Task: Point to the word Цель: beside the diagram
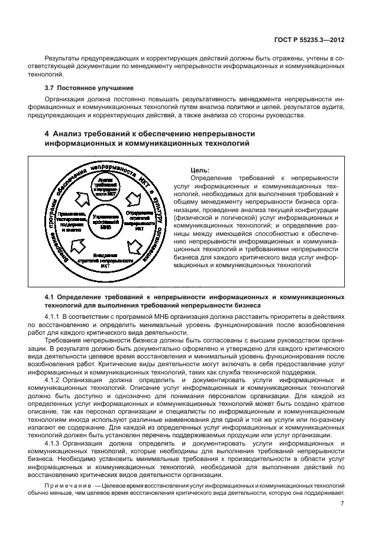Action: point(201,169)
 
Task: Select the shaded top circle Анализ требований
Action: point(106,187)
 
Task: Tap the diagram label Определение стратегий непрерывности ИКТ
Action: point(140,220)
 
